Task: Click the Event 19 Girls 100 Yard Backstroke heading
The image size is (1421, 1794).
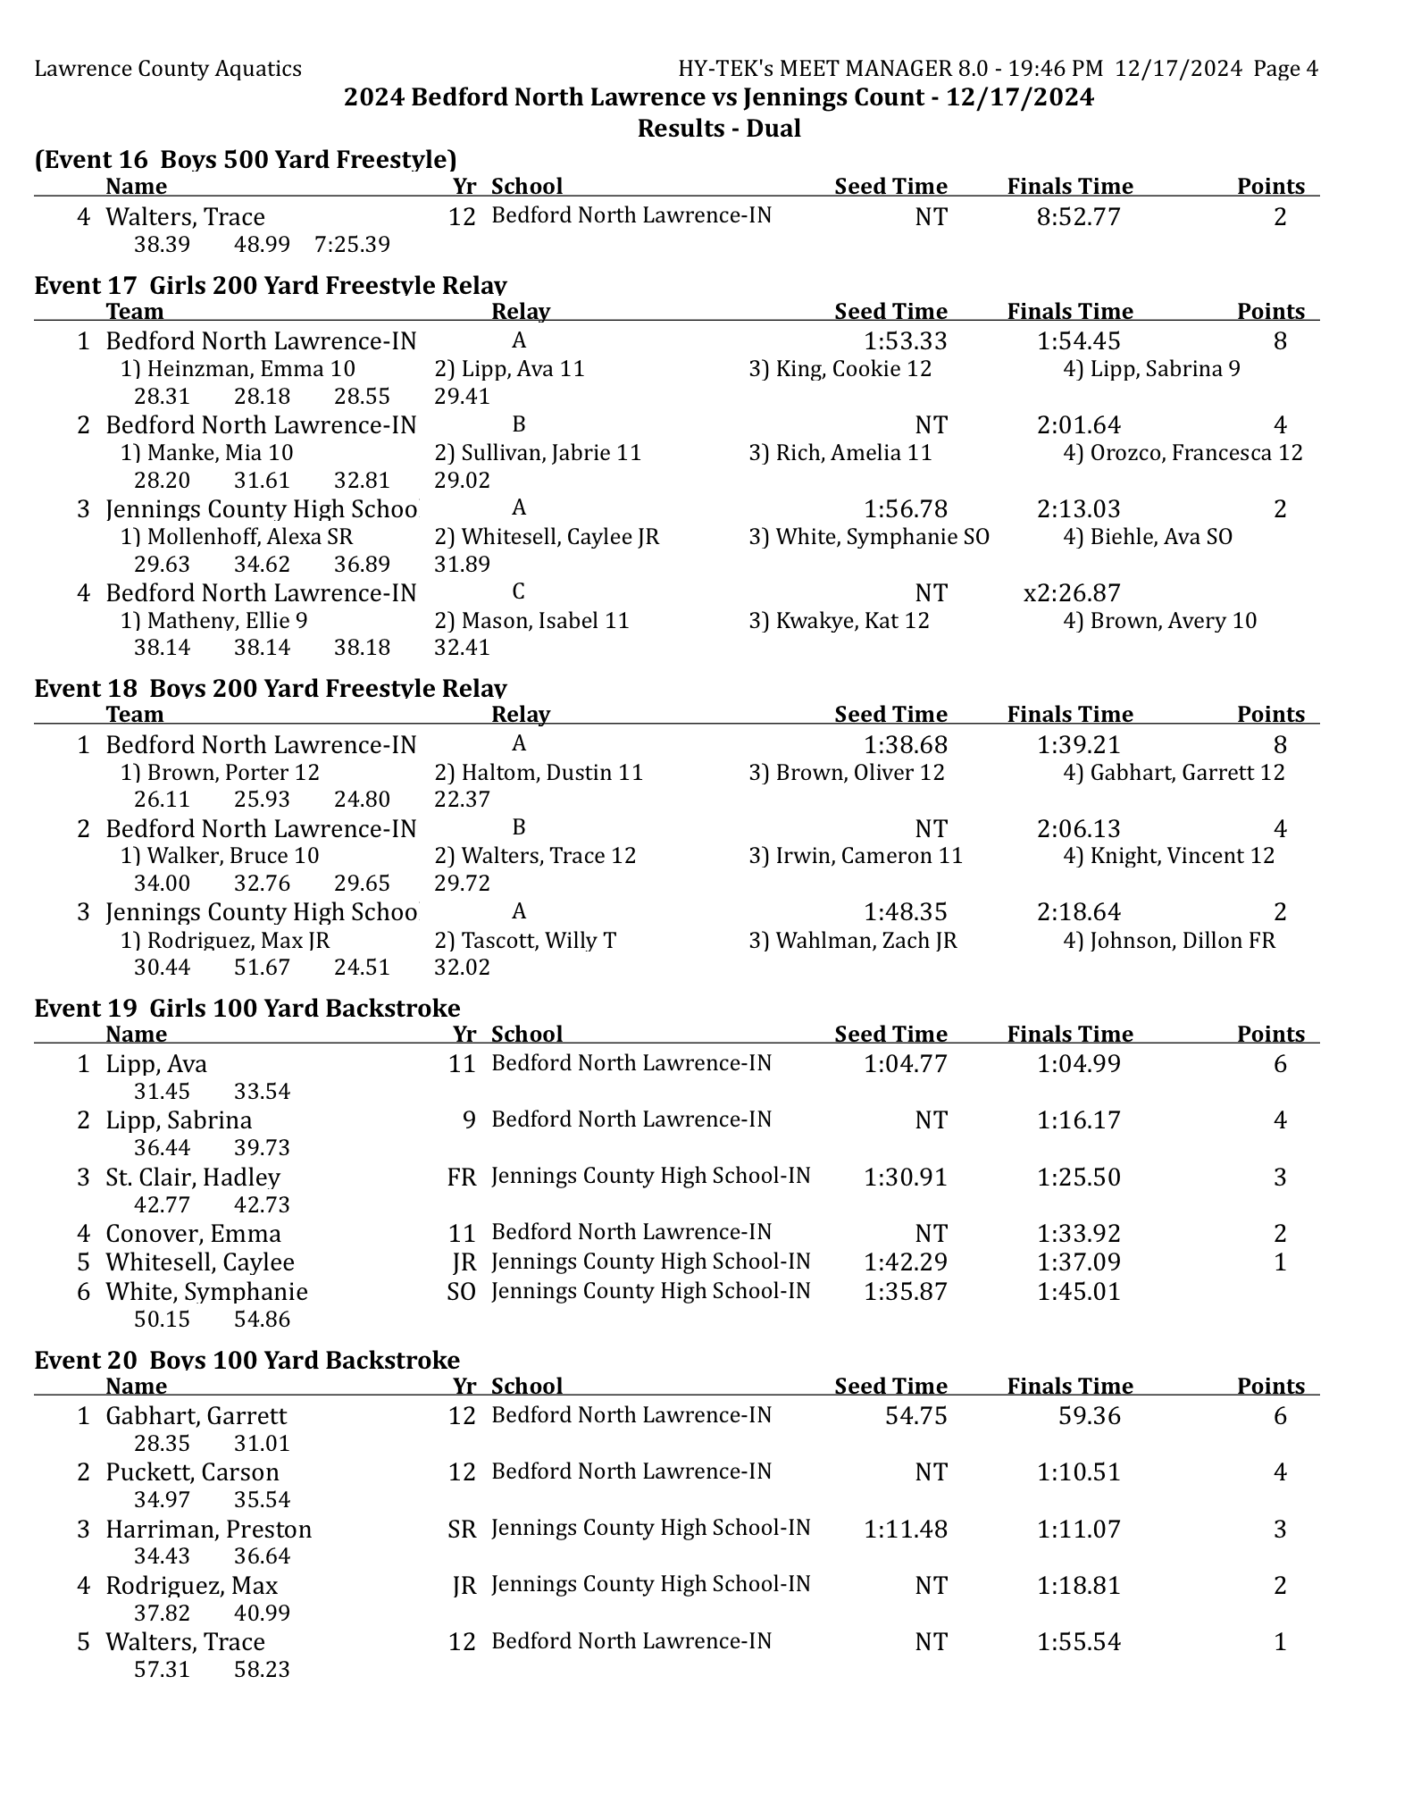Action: (x=247, y=1008)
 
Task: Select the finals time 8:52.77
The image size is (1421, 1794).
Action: (x=1078, y=217)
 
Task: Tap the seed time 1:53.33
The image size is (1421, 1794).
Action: (x=905, y=341)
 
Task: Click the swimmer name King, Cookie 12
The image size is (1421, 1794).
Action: (x=840, y=369)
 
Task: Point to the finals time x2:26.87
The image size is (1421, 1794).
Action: (x=1071, y=593)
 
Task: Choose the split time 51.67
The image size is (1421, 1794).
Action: (x=262, y=968)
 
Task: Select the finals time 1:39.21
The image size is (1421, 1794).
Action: (x=1078, y=745)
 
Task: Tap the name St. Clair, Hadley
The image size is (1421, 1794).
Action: (x=193, y=1178)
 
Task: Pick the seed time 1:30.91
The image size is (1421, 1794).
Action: (x=905, y=1178)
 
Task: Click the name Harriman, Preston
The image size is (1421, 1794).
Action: (x=208, y=1530)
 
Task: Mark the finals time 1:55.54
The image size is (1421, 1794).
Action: (x=1078, y=1642)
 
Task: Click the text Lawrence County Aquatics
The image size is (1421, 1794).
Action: (x=168, y=69)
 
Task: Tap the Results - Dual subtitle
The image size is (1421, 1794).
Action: (x=718, y=129)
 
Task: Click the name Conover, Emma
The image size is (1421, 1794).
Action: (x=193, y=1234)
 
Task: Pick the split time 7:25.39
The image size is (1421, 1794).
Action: (x=352, y=245)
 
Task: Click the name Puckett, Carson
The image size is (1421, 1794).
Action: (x=192, y=1472)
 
